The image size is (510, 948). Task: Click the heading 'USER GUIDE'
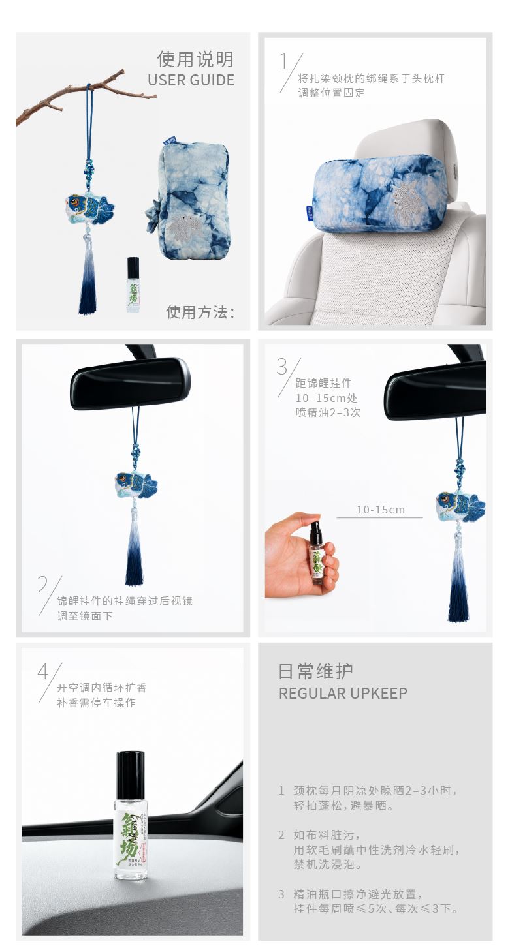[x=191, y=80]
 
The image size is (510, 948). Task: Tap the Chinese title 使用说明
[x=196, y=59]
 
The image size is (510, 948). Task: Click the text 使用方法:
[x=200, y=312]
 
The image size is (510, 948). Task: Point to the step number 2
[x=43, y=585]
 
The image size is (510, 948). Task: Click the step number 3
[x=283, y=366]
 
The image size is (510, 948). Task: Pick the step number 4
[x=44, y=671]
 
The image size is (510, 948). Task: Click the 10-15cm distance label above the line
[x=381, y=510]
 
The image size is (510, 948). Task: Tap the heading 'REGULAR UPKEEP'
[x=343, y=694]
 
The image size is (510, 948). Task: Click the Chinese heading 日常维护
[x=315, y=671]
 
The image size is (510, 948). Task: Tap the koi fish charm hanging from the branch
[x=90, y=207]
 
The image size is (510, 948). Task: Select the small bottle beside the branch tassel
[x=133, y=284]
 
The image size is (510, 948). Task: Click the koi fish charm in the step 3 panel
[x=460, y=505]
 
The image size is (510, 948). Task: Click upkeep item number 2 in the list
[x=281, y=835]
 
